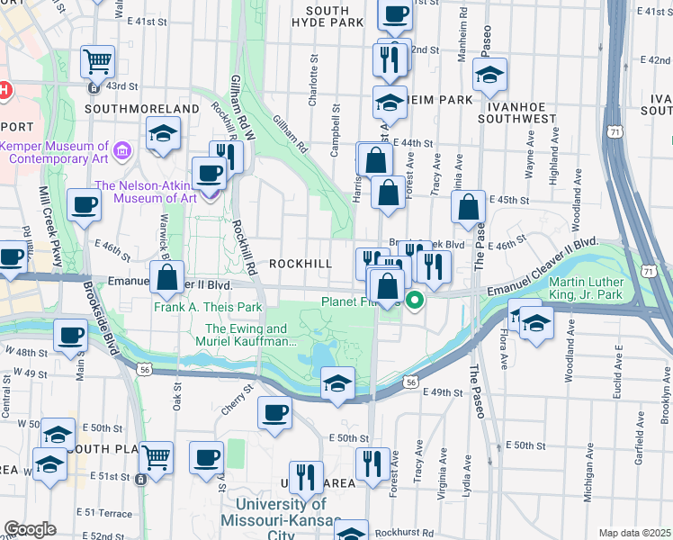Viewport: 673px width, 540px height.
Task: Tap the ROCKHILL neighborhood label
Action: coord(302,264)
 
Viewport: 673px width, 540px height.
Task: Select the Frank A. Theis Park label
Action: coord(207,307)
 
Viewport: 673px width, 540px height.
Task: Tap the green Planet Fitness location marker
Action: coord(414,301)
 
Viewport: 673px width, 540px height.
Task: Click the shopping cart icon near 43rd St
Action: coord(97,61)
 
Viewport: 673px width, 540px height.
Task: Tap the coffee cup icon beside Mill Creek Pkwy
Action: coord(84,205)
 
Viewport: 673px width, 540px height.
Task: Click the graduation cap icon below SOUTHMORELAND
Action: coord(163,134)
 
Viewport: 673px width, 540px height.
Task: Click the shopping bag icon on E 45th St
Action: coord(469,206)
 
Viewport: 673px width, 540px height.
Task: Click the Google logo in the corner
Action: coord(30,529)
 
